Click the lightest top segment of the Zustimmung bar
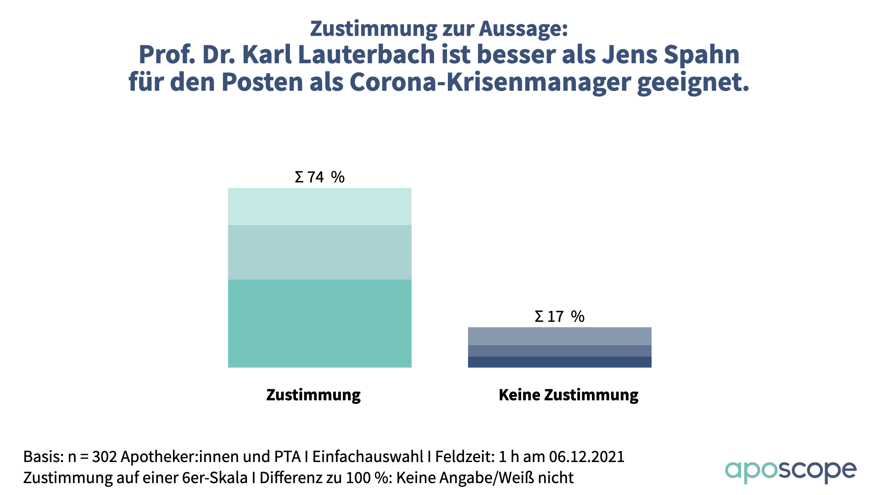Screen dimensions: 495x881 tap(319, 206)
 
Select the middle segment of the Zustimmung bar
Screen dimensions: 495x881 tap(319, 252)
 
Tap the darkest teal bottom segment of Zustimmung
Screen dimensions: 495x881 tap(319, 323)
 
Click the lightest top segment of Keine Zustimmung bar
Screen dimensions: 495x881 tap(559, 336)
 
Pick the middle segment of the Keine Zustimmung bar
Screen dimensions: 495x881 tap(559, 351)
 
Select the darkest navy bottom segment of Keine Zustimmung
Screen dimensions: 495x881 tap(559, 362)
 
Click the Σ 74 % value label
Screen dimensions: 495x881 tap(319, 177)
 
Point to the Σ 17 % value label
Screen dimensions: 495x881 tap(559, 316)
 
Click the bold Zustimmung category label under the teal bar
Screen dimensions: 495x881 tap(313, 395)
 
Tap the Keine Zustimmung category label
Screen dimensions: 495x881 tap(569, 395)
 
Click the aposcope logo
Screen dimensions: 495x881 tap(791, 471)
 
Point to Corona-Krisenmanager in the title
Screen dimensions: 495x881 tap(490, 82)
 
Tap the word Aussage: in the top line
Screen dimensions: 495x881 tap(524, 28)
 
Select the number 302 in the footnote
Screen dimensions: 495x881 tap(104, 456)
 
